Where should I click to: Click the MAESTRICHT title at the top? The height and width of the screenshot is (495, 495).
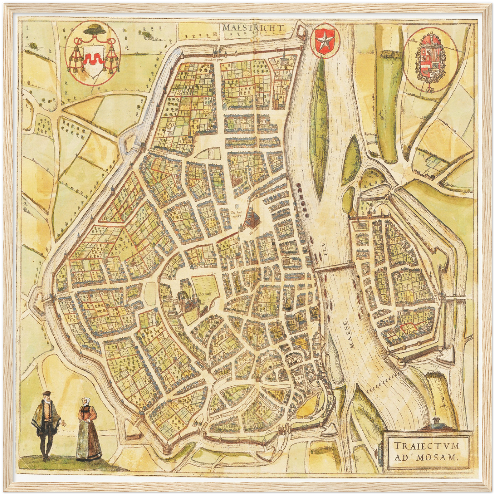coord(254,27)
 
